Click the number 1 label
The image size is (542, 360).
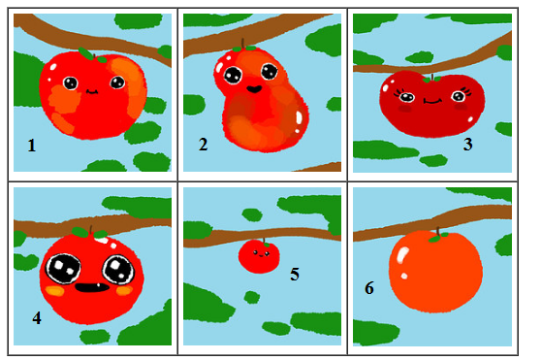tap(32, 146)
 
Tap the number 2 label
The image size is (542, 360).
tap(204, 145)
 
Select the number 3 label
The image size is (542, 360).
tap(467, 145)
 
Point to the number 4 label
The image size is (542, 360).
tap(37, 318)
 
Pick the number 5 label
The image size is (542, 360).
tap(295, 275)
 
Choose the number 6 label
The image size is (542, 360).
tap(369, 288)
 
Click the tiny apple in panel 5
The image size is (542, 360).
tap(259, 256)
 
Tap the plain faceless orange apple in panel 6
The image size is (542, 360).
tap(435, 272)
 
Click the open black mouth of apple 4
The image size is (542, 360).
tap(92, 287)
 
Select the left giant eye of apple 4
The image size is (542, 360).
tap(63, 269)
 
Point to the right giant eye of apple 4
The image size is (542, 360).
tap(118, 270)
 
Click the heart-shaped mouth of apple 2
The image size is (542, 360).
tap(254, 89)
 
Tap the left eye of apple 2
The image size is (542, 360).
tap(233, 75)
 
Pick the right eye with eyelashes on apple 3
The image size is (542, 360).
tap(460, 95)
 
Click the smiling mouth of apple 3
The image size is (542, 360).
tap(432, 101)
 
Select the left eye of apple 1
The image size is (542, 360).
tap(71, 83)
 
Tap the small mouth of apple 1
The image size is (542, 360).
tap(92, 92)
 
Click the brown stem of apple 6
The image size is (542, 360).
tap(438, 231)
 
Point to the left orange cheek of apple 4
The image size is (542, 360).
tap(55, 291)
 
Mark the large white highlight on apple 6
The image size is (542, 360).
tap(401, 256)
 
